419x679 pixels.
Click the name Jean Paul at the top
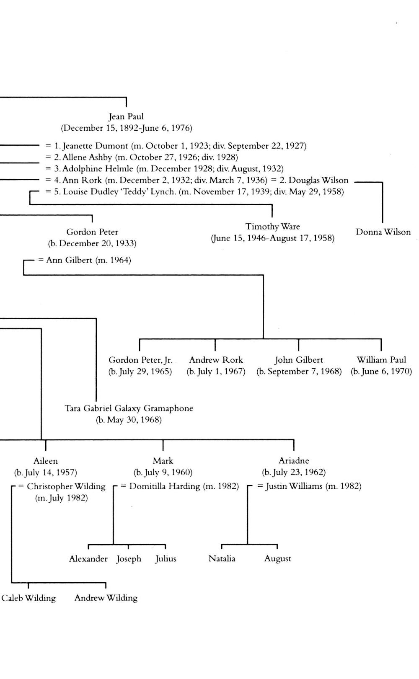126,116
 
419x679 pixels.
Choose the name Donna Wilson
383,232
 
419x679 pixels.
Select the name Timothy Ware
272,227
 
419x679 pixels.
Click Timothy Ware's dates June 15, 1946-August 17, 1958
272,238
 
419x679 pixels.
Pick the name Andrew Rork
216,360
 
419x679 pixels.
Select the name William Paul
381,360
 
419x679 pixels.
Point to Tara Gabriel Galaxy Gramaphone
129,408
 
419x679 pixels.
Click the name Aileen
46,461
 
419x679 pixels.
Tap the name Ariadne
294,461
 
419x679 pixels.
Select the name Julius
166,559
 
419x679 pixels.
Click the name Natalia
222,559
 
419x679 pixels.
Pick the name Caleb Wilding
28,598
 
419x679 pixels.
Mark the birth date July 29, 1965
140,372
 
